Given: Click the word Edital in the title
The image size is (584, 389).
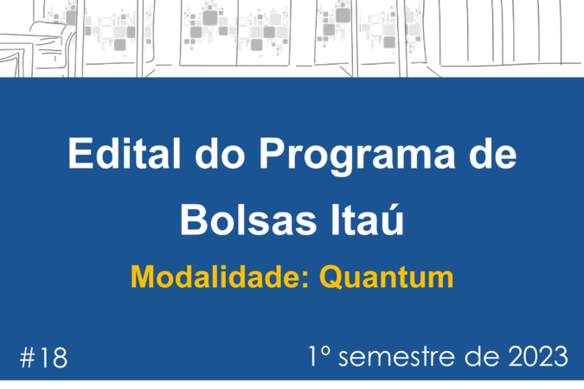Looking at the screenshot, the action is (125, 153).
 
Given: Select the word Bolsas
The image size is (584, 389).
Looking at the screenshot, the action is (248, 220).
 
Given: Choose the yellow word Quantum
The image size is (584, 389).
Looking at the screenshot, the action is (387, 277).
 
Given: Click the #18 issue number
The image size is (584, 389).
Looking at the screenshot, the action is (43, 357).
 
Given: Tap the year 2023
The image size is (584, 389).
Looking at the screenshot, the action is (538, 357).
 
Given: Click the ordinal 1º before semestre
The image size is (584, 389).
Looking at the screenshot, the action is (320, 356).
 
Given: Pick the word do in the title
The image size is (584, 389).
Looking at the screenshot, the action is (220, 153).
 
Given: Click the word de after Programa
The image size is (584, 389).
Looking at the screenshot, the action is (492, 153).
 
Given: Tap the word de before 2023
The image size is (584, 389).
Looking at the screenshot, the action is (482, 357).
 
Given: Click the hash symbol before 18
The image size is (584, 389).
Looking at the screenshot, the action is (27, 358).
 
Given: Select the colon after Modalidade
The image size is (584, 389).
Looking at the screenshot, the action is (305, 280).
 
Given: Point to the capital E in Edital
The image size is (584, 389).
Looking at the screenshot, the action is (80, 153).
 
